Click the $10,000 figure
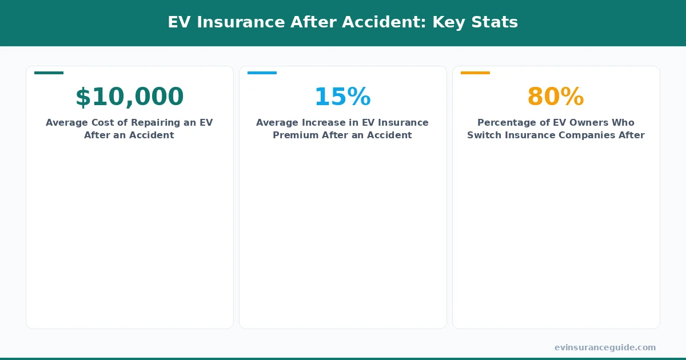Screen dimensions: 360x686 tap(129, 97)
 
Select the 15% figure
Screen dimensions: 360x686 tap(342, 97)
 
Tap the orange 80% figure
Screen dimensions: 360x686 tap(556, 97)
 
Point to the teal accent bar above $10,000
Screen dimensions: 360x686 tap(49, 73)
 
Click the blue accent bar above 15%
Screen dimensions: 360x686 tap(262, 73)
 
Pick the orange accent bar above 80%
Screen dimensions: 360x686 tap(475, 73)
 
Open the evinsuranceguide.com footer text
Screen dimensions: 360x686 tap(605, 347)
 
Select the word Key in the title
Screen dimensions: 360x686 tap(445, 22)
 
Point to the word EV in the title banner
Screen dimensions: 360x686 tap(178, 22)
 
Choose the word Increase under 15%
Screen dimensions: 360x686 tap(328, 123)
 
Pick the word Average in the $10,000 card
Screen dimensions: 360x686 tap(67, 123)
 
